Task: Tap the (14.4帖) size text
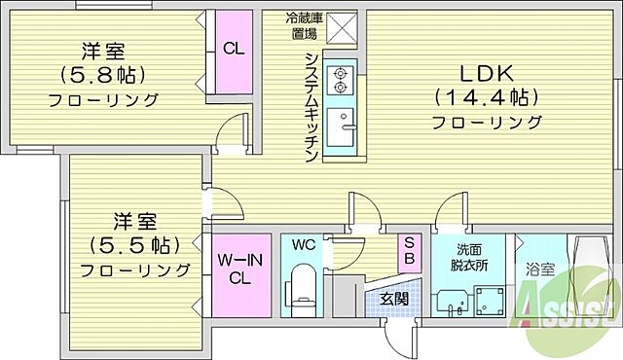[x=473, y=97]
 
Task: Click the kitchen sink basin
[x=342, y=127]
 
